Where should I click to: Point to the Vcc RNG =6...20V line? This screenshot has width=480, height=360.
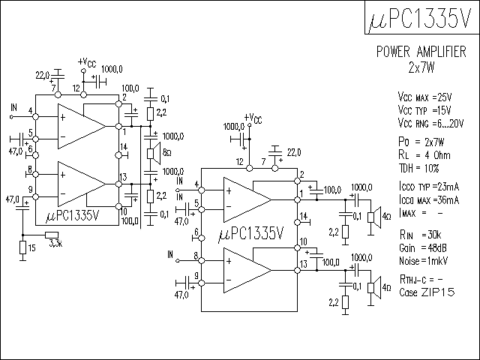point(431,123)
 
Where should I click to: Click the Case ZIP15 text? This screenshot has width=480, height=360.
point(426,292)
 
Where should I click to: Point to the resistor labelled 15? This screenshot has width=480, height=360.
point(22,247)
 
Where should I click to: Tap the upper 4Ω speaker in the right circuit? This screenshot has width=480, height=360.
point(371,217)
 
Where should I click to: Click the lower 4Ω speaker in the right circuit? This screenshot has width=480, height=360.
point(371,288)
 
